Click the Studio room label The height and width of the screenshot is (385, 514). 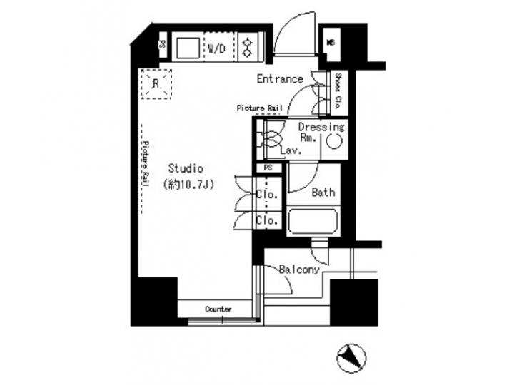pyautogui.click(x=186, y=168)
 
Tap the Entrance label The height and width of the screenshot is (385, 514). pyautogui.click(x=281, y=78)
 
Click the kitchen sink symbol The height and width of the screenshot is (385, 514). pyautogui.click(x=187, y=48)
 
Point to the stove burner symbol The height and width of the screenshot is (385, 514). pyautogui.click(x=248, y=47)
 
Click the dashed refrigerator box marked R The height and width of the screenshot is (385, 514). pyautogui.click(x=156, y=83)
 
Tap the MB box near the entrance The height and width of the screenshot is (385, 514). pyautogui.click(x=331, y=43)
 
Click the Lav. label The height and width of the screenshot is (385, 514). pyautogui.click(x=290, y=151)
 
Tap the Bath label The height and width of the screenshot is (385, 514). pyautogui.click(x=323, y=192)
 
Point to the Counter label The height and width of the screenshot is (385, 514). pyautogui.click(x=218, y=309)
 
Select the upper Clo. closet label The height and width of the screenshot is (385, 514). pyautogui.click(x=267, y=195)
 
